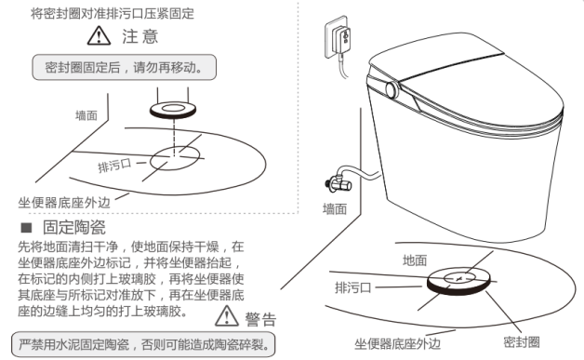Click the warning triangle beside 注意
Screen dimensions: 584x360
(99, 35)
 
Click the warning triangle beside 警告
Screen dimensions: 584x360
(227, 316)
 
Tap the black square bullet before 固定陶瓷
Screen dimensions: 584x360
(26, 227)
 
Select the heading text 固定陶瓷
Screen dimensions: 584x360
(74, 227)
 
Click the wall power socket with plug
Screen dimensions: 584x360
(338, 37)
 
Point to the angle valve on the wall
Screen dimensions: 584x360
(338, 182)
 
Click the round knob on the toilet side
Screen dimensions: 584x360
(392, 90)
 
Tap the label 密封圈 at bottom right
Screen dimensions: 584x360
(522, 342)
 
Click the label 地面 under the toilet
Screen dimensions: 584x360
(415, 260)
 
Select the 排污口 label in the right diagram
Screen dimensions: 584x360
(352, 287)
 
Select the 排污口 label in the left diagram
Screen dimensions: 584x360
(114, 165)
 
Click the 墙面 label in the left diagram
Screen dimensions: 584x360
(86, 115)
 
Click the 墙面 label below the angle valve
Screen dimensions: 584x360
(335, 209)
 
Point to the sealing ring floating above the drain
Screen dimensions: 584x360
(173, 111)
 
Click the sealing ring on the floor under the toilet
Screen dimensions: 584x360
(458, 280)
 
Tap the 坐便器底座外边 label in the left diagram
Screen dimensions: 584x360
(64, 203)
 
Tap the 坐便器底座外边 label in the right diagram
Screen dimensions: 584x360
(397, 344)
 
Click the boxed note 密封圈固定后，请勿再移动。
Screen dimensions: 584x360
(124, 67)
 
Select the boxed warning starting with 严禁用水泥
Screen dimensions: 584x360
(143, 344)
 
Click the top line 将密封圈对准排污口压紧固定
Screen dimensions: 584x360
(113, 13)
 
